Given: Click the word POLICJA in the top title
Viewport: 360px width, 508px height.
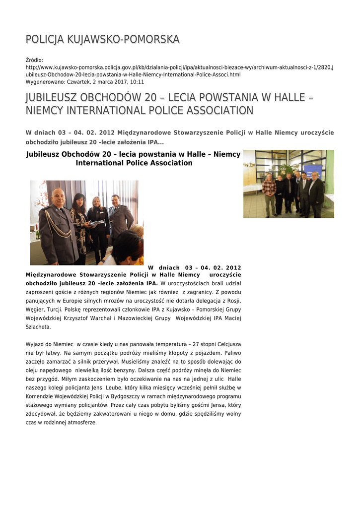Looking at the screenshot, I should pyautogui.click(x=45, y=39).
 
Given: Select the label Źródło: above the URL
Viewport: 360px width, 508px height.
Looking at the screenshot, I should pyautogui.click(x=35, y=60).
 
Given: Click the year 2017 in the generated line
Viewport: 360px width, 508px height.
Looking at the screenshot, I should pyautogui.click(x=112, y=82).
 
